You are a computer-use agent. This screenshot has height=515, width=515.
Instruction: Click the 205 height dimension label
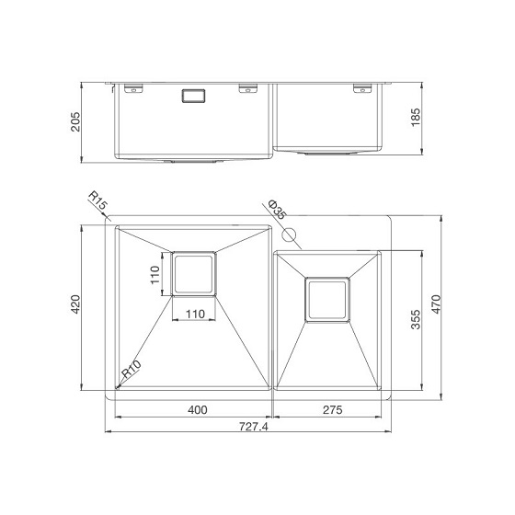click(x=75, y=122)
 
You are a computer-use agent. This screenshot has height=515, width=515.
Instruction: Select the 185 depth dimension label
click(x=415, y=117)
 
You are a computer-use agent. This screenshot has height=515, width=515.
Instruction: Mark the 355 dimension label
click(x=416, y=319)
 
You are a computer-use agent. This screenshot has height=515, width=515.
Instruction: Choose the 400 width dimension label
click(x=195, y=410)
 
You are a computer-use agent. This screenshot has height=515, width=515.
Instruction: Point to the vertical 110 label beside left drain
click(x=156, y=273)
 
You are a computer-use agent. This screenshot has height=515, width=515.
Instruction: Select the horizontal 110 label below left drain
click(x=194, y=314)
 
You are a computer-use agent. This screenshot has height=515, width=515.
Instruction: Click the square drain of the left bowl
click(x=194, y=273)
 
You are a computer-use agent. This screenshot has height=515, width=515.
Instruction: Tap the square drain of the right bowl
click(x=328, y=299)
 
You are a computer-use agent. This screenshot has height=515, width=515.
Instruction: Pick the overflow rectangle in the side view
click(x=196, y=95)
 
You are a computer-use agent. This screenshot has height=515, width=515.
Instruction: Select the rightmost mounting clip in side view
click(x=360, y=89)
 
